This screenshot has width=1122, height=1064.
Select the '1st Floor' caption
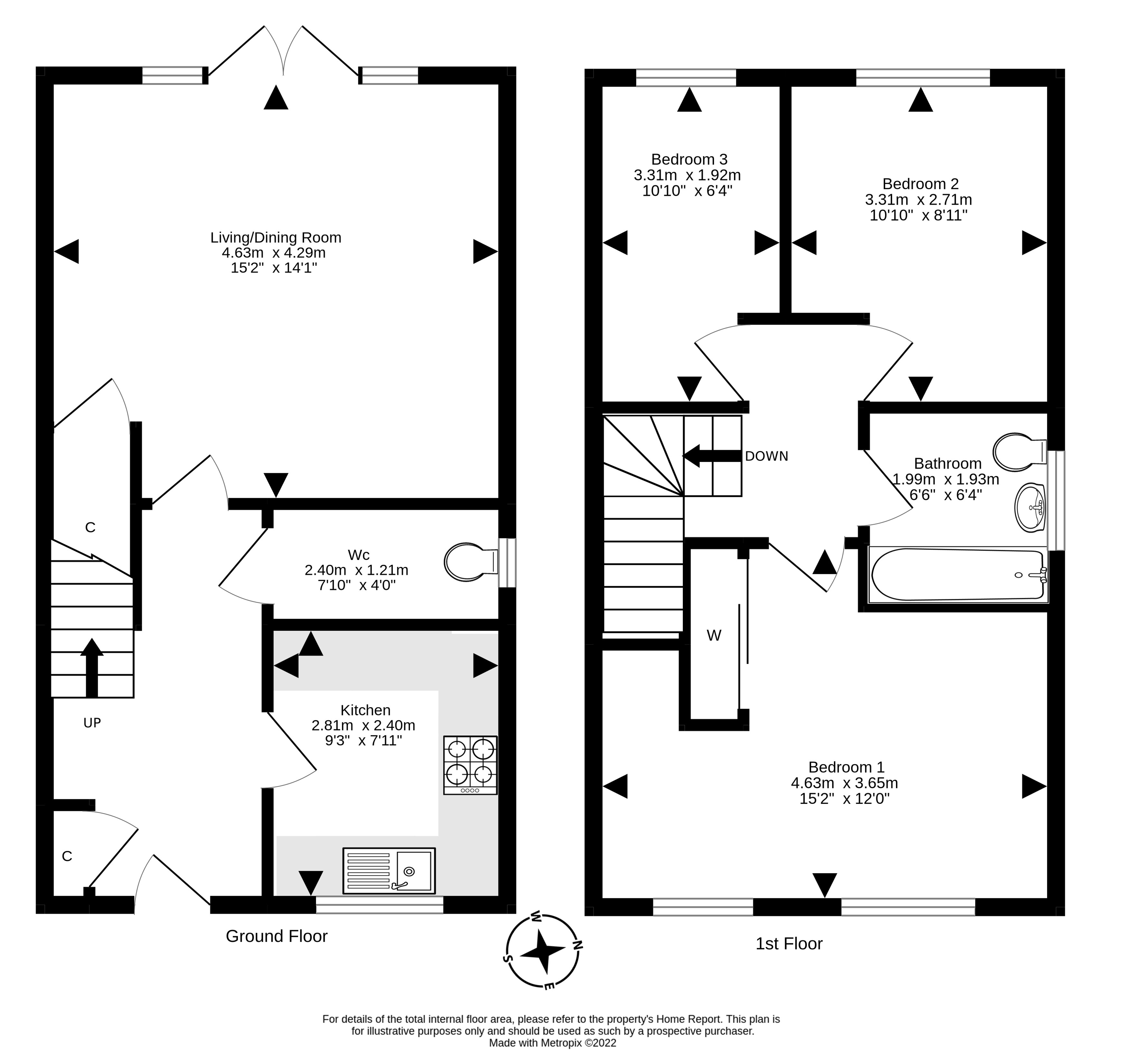pyautogui.click(x=789, y=943)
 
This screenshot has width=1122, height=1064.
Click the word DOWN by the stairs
pyautogui.click(x=766, y=456)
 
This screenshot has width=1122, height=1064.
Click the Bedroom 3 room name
pyautogui.click(x=689, y=159)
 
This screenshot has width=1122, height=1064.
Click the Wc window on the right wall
pyautogui.click(x=507, y=563)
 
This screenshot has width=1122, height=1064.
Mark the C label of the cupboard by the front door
pyautogui.click(x=67, y=857)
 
